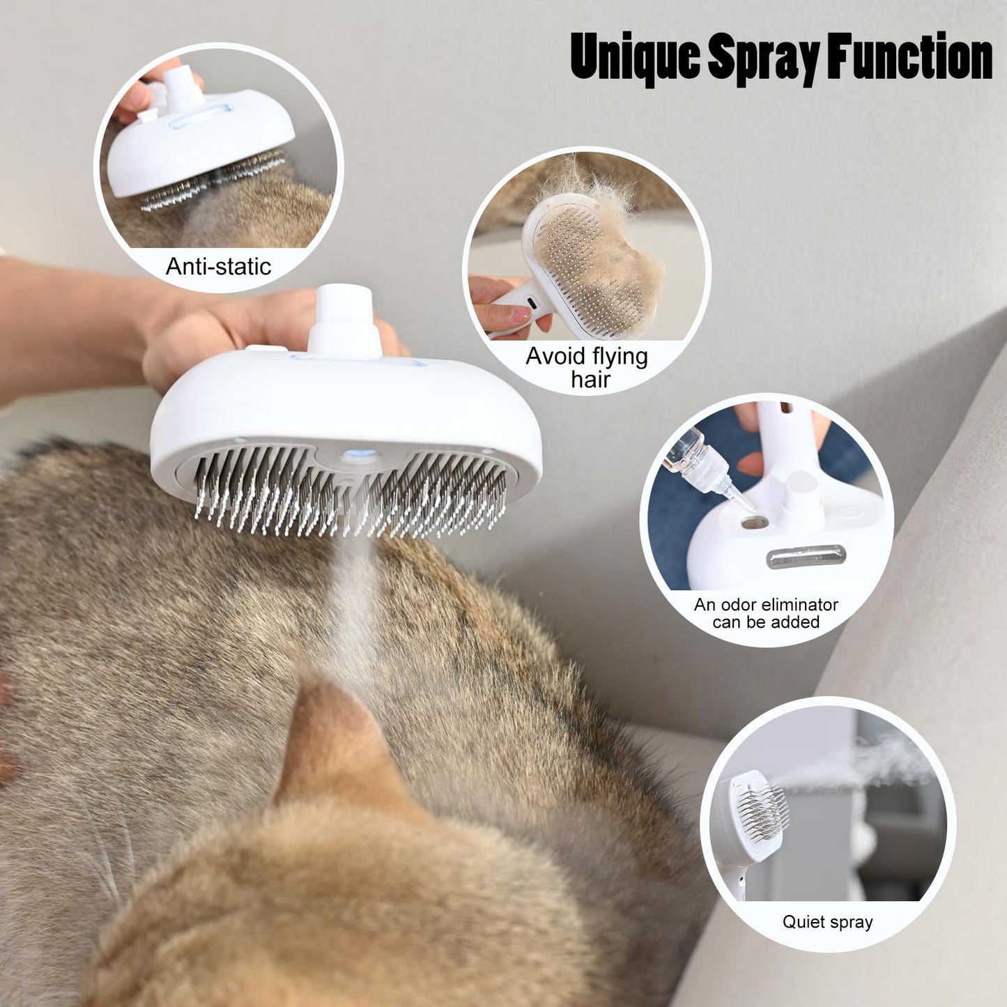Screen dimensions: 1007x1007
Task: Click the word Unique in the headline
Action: click(633, 57)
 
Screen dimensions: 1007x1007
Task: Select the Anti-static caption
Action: click(218, 266)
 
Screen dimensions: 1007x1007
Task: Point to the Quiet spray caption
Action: click(827, 922)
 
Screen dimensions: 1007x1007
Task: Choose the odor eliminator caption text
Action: click(766, 613)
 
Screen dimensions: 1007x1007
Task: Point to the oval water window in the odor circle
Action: click(806, 556)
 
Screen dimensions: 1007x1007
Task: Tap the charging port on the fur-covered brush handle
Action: click(530, 305)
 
